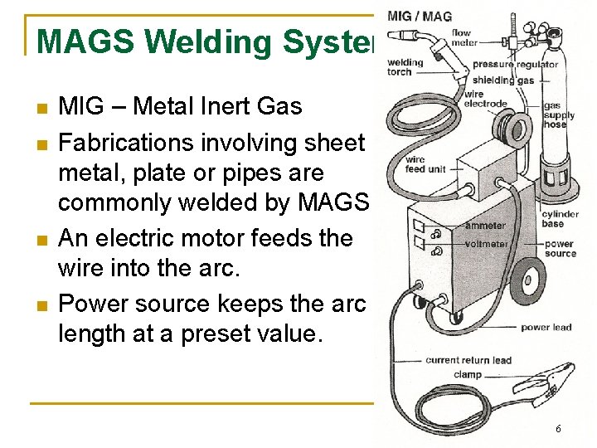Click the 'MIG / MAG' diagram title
coord(420,17)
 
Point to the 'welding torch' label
coord(405,66)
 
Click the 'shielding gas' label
coord(503,80)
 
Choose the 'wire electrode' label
coord(485,99)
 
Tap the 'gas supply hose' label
coord(555,114)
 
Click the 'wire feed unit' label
coord(425,164)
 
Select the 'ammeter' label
coord(485,226)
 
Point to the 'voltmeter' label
coord(487,244)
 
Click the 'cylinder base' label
coord(560,219)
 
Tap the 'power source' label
coord(560,249)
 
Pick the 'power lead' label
coord(546,328)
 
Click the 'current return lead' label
coord(468,360)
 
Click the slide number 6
coord(558,429)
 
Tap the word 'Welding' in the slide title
coord(198,41)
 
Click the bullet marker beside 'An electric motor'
coord(40,240)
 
